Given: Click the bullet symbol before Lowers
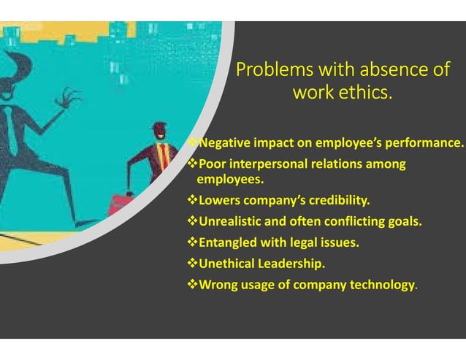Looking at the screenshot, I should tap(193, 199).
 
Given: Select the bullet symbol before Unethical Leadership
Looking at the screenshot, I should tap(193, 263).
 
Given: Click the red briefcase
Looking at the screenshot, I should tap(121, 204).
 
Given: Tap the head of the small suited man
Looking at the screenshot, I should tap(159, 131).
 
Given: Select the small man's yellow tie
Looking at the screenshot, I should tap(162, 154).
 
